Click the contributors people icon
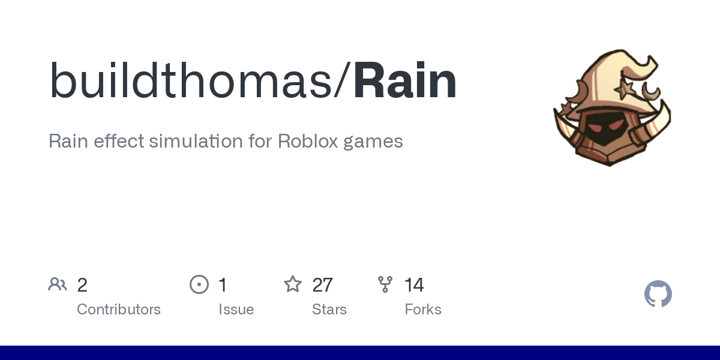(58, 284)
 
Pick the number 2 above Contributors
(82, 285)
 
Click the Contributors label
(119, 310)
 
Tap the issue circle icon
(199, 284)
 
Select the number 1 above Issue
(223, 285)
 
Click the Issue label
(236, 310)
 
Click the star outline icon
(293, 284)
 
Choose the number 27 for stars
(323, 285)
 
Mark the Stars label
(329, 310)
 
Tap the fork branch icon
(385, 284)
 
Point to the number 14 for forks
(414, 285)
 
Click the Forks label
(423, 310)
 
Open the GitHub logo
(658, 294)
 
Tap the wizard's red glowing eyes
(604, 127)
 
